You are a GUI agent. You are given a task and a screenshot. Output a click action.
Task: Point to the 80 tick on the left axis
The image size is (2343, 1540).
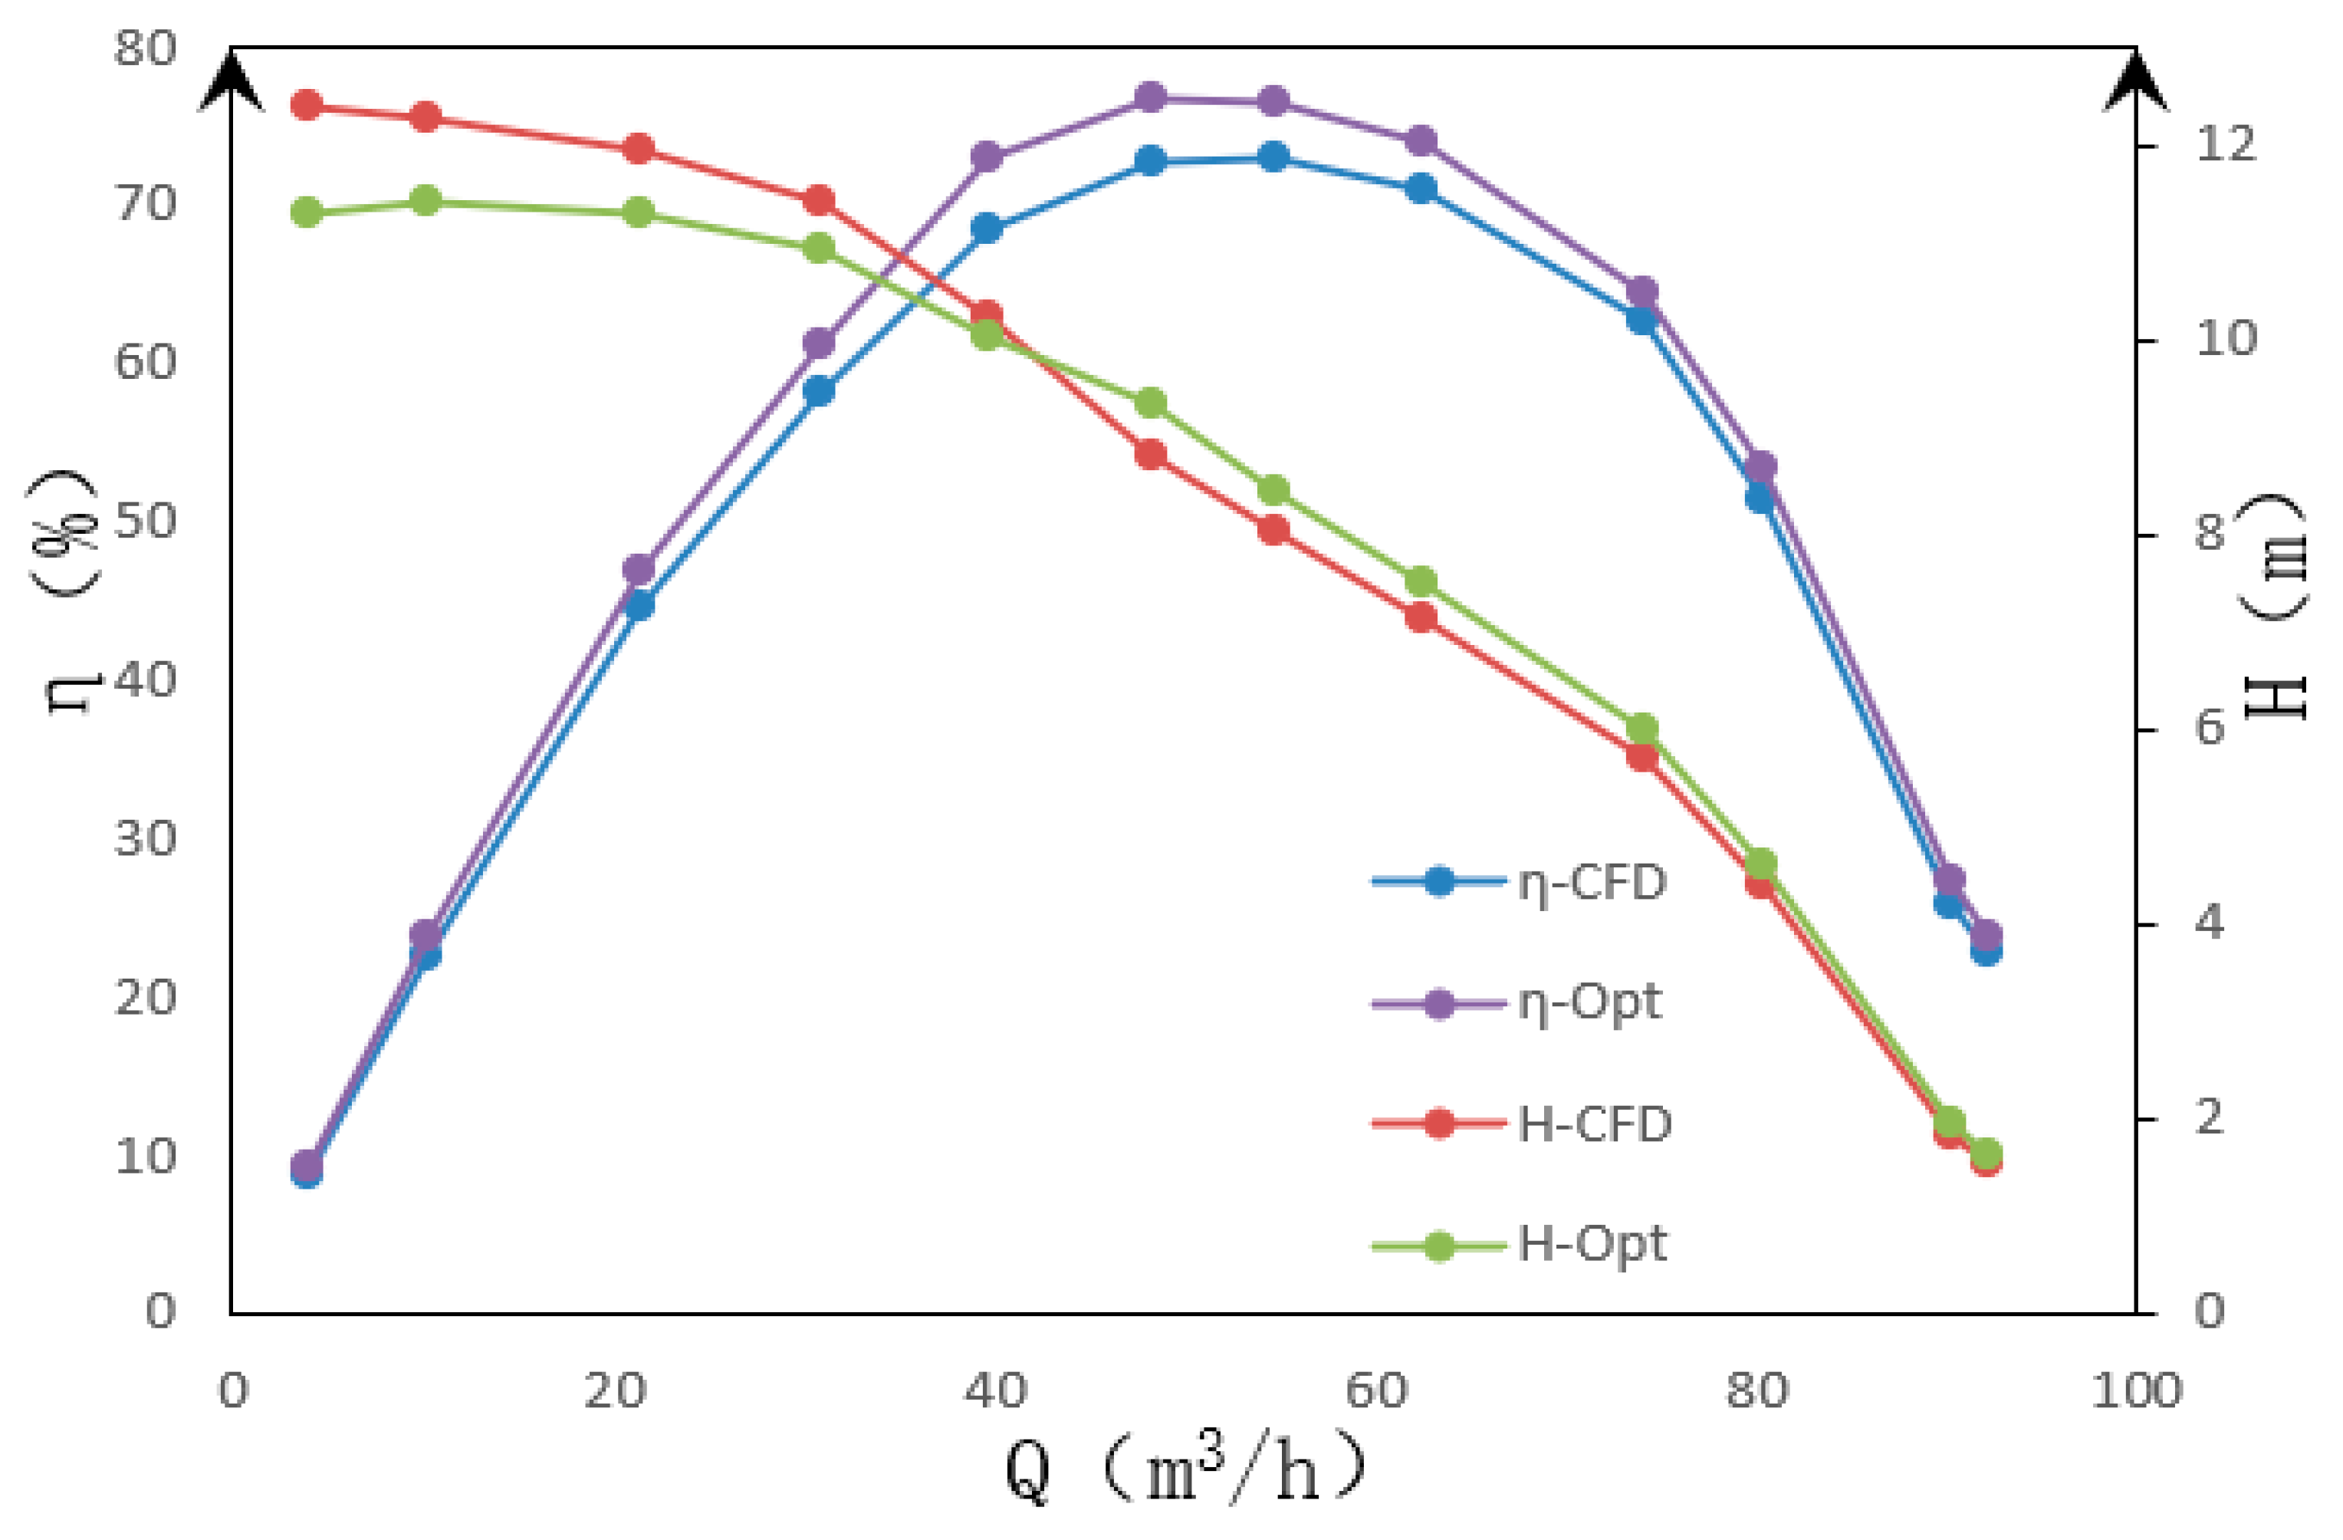[x=145, y=48]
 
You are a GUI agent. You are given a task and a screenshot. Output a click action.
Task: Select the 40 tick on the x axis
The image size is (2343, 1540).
[x=994, y=1391]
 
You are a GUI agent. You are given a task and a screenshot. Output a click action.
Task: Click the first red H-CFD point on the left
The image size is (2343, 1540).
[x=307, y=104]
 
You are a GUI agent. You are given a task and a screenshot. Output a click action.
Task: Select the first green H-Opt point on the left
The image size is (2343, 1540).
[x=307, y=212]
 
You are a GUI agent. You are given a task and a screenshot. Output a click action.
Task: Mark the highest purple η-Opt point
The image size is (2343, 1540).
[x=1150, y=97]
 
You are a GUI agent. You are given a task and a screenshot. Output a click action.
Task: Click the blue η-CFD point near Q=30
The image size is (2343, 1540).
[x=818, y=391]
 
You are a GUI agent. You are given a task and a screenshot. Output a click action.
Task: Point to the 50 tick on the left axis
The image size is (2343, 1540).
[x=145, y=521]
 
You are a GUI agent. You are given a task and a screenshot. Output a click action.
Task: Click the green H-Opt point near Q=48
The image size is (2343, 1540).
[x=1150, y=403]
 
